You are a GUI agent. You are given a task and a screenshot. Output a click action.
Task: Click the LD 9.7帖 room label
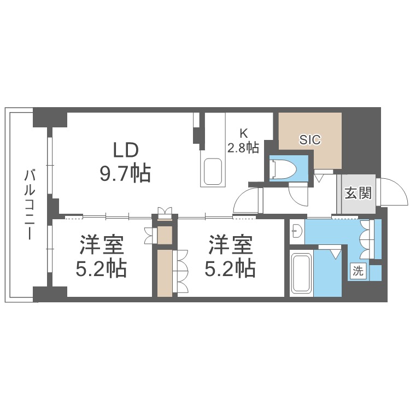pyautogui.click(x=125, y=162)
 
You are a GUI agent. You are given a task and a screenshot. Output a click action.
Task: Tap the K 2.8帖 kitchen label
pyautogui.click(x=243, y=140)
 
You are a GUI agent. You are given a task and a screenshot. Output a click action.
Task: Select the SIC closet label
pyautogui.click(x=310, y=139)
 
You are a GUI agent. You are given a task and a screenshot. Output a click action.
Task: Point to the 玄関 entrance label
pyautogui.click(x=358, y=193)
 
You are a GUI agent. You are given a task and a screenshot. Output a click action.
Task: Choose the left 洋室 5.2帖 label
pyautogui.click(x=103, y=256)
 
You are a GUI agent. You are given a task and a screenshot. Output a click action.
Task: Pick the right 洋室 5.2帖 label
pyautogui.click(x=231, y=256)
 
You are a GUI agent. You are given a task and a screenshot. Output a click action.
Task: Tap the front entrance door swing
pyautogui.click(x=392, y=192)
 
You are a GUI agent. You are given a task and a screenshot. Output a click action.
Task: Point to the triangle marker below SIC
pyautogui.click(x=319, y=177)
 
